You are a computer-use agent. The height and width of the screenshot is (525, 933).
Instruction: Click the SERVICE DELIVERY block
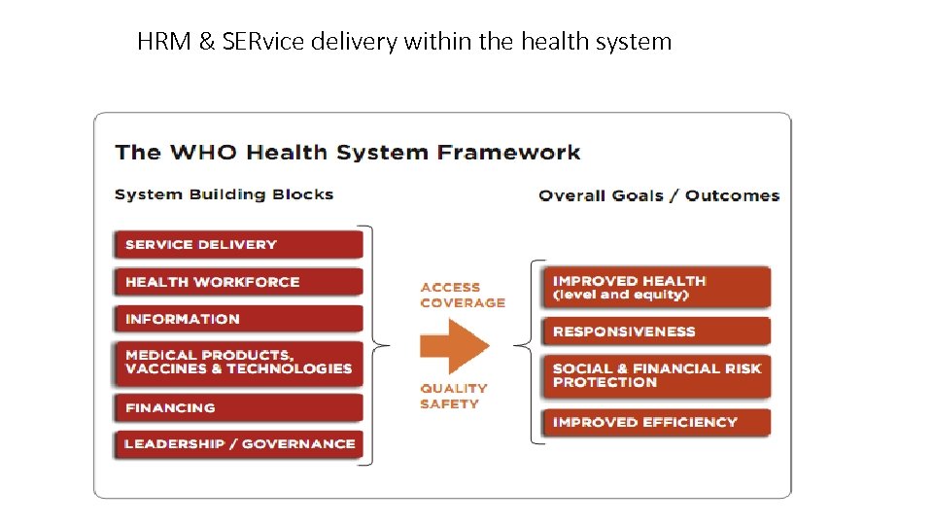238,244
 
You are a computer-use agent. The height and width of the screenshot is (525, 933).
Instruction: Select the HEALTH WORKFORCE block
238,282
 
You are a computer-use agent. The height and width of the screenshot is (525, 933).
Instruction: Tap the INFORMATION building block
238,319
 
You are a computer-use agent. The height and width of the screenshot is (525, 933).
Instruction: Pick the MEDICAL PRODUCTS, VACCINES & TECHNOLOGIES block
238,362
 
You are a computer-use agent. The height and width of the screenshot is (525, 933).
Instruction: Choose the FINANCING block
238,407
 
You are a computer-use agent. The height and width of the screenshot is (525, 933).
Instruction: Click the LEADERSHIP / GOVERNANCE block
238,444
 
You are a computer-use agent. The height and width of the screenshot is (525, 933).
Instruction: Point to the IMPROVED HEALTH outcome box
656,287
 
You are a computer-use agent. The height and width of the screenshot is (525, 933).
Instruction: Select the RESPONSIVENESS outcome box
656,332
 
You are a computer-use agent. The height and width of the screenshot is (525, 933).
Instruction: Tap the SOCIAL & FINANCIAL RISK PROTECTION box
656,375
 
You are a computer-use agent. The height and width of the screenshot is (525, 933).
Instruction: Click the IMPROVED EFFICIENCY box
656,422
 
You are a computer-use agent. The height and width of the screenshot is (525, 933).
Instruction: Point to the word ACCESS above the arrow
450,288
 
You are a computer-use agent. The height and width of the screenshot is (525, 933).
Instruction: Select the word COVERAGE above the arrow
463,302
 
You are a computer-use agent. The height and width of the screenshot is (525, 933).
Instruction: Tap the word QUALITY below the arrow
453,389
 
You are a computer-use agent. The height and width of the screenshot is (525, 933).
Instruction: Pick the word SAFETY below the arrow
449,403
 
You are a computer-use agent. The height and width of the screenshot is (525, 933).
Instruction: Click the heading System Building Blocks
224,194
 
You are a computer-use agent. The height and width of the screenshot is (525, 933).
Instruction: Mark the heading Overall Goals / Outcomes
659,195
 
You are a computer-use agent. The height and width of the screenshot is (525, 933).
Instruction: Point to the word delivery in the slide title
356,42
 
